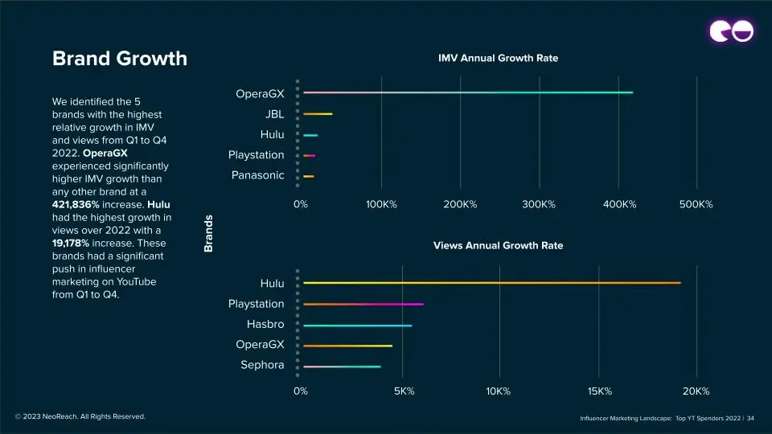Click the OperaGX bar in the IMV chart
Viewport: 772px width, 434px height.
point(467,92)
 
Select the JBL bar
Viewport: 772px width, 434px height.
point(318,114)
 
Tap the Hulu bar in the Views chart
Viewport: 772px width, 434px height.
point(491,283)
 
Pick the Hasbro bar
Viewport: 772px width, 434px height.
point(357,325)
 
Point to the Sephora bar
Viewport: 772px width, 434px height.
point(342,366)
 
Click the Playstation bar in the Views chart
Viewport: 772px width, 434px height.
point(363,305)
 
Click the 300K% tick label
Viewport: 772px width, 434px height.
point(539,205)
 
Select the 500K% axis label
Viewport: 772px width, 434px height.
point(696,205)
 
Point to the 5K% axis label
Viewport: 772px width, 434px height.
point(404,391)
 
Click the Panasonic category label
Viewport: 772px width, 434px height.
point(257,175)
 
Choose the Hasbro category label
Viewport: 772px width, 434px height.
point(265,325)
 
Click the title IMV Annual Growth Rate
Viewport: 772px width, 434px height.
point(498,59)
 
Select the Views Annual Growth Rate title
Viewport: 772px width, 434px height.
point(498,246)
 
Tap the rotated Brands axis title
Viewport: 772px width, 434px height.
point(208,233)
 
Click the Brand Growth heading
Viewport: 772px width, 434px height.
point(119,59)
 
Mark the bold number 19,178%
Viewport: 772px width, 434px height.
point(76,243)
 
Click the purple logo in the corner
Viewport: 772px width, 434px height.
point(730,31)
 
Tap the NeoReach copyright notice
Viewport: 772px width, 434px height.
point(80,416)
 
